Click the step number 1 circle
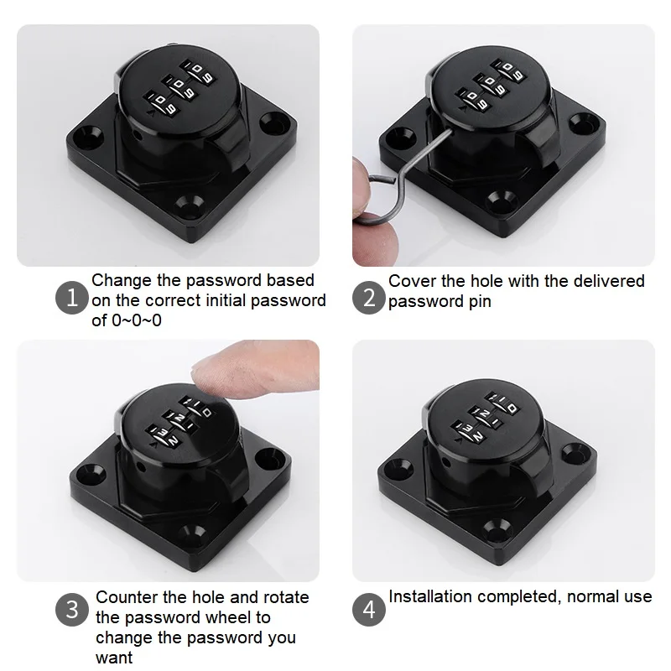tap(72, 298)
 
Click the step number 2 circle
tap(369, 298)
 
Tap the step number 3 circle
tap(72, 610)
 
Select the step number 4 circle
tap(369, 610)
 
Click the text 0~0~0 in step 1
tap(137, 320)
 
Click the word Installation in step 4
tap(430, 596)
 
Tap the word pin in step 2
tap(479, 302)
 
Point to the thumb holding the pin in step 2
tap(373, 240)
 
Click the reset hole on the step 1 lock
tap(138, 135)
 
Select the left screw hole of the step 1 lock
tap(91, 136)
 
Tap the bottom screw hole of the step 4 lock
tap(496, 530)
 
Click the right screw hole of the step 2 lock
tap(585, 122)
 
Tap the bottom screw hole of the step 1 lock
tap(190, 205)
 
